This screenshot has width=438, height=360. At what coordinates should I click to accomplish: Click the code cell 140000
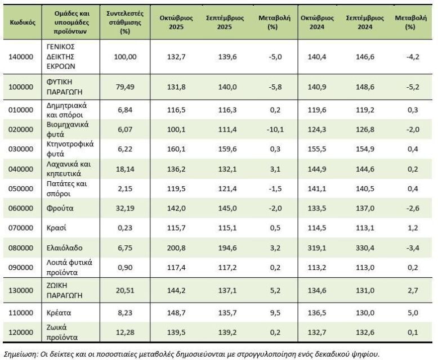(x=23, y=57)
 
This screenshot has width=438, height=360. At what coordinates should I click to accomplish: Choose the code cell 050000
(x=23, y=187)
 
